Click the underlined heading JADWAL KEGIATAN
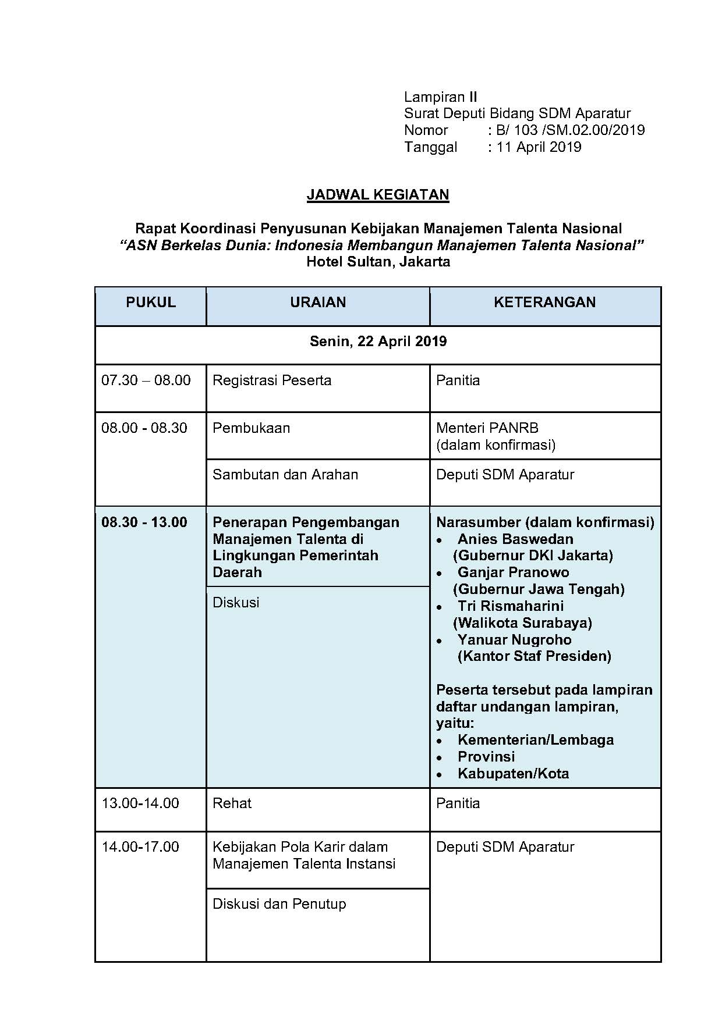[377, 194]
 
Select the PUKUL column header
[150, 303]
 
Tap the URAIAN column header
[318, 303]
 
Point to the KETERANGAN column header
[544, 303]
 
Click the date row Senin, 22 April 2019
[378, 341]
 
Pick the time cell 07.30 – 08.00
[146, 380]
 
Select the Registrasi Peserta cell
[272, 380]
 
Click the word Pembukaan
[251, 428]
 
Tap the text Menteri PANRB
[487, 428]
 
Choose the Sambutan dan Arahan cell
[285, 475]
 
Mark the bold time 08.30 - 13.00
[144, 522]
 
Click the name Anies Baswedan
[515, 539]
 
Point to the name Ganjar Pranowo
[513, 572]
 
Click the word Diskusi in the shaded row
[236, 603]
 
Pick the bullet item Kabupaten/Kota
[513, 774]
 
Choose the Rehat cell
[232, 803]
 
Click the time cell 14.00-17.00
[140, 847]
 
